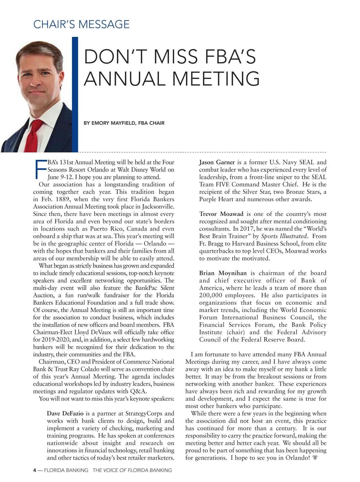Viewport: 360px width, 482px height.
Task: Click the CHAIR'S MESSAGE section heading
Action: click(81, 24)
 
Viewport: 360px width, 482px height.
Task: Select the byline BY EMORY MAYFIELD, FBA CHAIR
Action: click(124, 123)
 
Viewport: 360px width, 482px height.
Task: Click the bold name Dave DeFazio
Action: click(65, 414)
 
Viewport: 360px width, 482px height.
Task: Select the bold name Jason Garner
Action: click(217, 162)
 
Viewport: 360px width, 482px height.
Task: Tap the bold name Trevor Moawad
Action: click(221, 214)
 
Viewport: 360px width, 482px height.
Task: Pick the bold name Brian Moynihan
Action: click(223, 273)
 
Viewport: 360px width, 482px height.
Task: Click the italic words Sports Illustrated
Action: click(284, 236)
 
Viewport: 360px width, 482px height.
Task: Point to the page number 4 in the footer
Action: click(34, 470)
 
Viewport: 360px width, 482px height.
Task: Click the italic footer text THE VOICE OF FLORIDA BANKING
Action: click(132, 470)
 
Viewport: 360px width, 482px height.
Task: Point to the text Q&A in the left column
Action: click(138, 391)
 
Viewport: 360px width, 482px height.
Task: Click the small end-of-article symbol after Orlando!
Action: click(315, 458)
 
